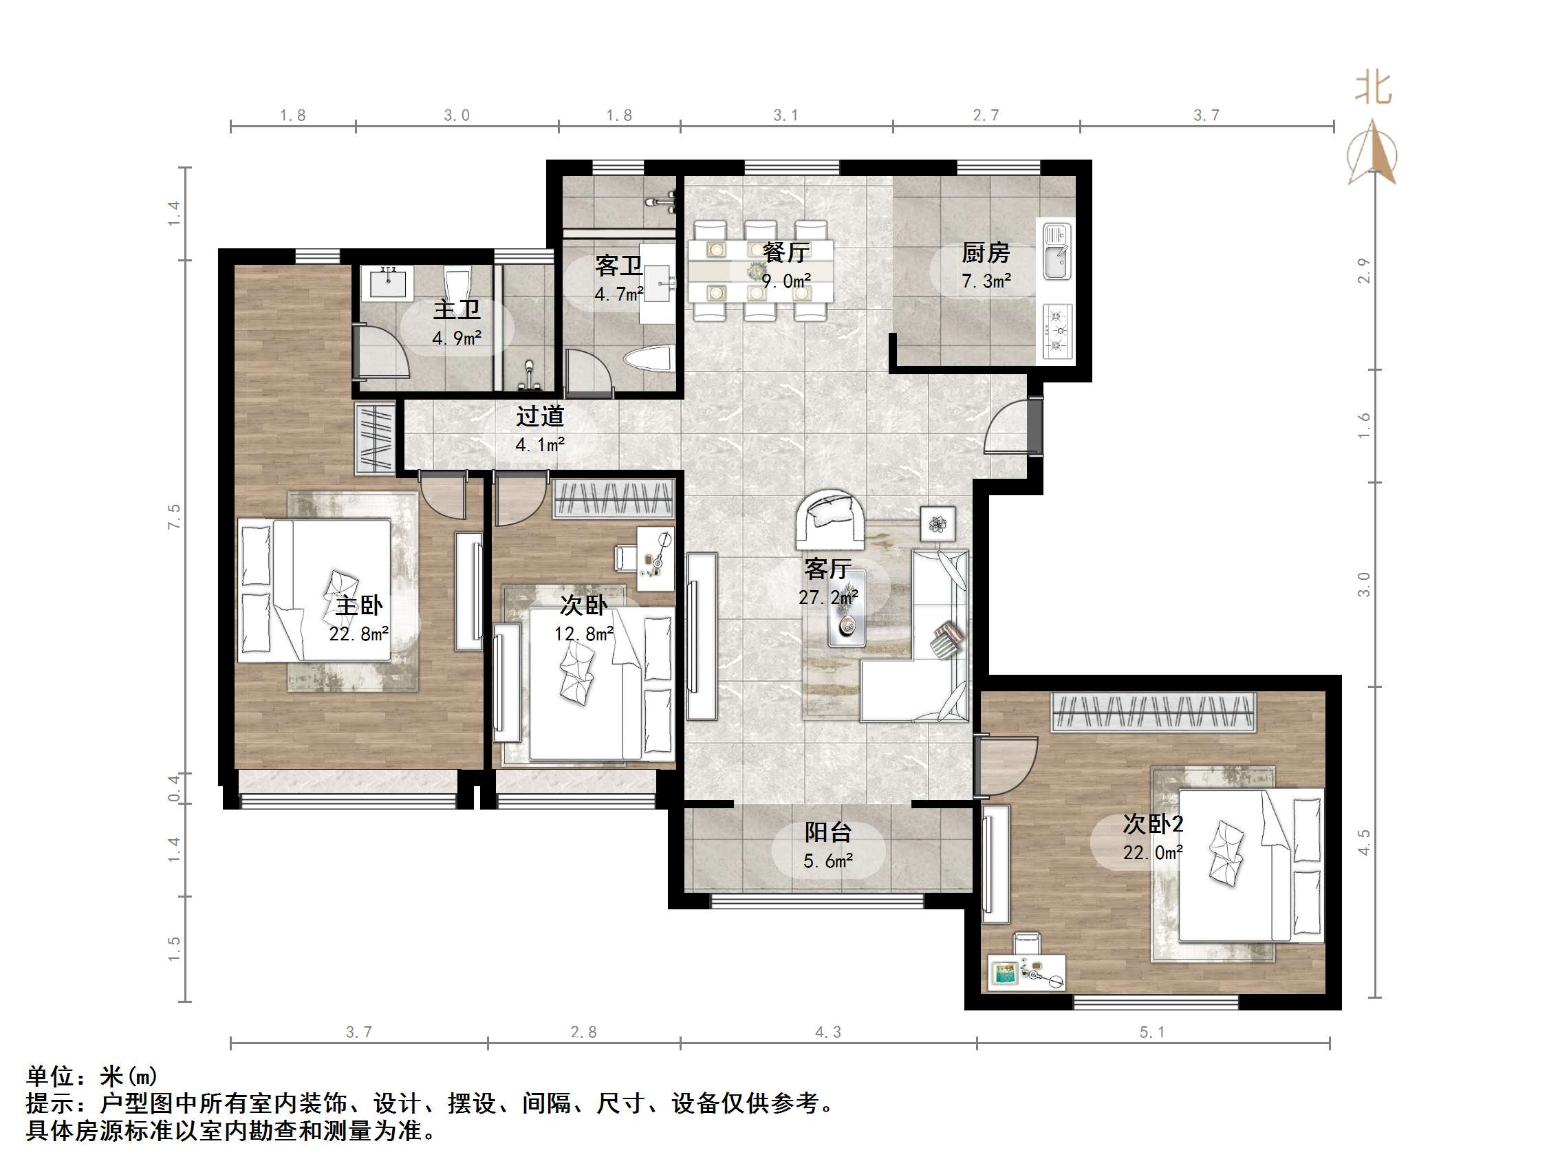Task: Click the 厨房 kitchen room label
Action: [985, 252]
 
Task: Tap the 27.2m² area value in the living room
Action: [828, 597]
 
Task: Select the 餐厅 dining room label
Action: [786, 252]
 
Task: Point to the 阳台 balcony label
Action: [828, 832]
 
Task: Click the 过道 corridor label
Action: [539, 416]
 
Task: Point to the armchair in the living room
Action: [831, 519]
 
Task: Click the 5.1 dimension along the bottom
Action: [1151, 1032]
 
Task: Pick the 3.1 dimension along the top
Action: [785, 115]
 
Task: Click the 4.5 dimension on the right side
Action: [1364, 842]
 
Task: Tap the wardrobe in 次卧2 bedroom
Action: [1153, 713]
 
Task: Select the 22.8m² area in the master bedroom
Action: [358, 633]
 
